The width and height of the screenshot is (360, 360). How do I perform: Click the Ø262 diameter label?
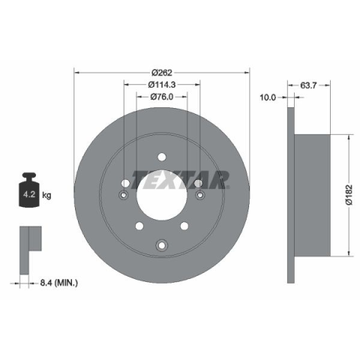pyautogui.click(x=162, y=73)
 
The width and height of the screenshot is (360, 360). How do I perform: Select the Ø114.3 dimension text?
pyautogui.click(x=162, y=85)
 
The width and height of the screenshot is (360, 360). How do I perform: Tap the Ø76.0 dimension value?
pyautogui.click(x=162, y=97)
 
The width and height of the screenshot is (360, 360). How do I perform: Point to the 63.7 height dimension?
pyautogui.click(x=308, y=85)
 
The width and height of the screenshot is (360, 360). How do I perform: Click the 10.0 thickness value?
pyautogui.click(x=268, y=97)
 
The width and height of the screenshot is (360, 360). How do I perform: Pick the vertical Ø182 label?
pyautogui.click(x=349, y=195)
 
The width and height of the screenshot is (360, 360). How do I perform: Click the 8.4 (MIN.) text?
pyautogui.click(x=59, y=283)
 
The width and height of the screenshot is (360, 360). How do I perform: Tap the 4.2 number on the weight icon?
pyautogui.click(x=29, y=194)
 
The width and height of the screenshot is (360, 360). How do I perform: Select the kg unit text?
pyautogui.click(x=46, y=195)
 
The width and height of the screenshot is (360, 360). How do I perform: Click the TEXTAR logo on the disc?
pyautogui.click(x=180, y=180)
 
